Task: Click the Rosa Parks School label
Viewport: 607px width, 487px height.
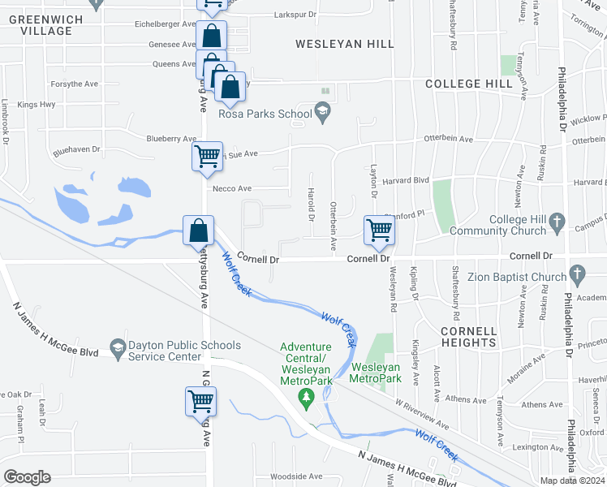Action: pyautogui.click(x=265, y=114)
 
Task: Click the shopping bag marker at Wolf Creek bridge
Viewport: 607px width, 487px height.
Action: pyautogui.click(x=198, y=231)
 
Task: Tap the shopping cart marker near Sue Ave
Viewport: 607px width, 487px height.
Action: pyautogui.click(x=208, y=155)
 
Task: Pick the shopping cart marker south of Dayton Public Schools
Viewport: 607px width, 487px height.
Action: pyautogui.click(x=200, y=400)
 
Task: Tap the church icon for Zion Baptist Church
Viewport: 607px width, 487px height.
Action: pyautogui.click(x=576, y=273)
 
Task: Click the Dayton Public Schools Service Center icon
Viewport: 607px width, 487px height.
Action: pyautogui.click(x=118, y=346)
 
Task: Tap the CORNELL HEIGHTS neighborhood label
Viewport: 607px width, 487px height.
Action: pyautogui.click(x=468, y=337)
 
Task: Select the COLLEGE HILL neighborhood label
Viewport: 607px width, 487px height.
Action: pyautogui.click(x=468, y=84)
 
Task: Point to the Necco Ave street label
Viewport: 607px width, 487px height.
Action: pyautogui.click(x=229, y=188)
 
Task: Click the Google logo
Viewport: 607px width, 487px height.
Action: pyautogui.click(x=27, y=476)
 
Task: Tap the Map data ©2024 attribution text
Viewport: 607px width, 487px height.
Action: pyautogui.click(x=573, y=481)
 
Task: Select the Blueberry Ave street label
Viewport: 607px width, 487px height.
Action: pyautogui.click(x=170, y=139)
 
